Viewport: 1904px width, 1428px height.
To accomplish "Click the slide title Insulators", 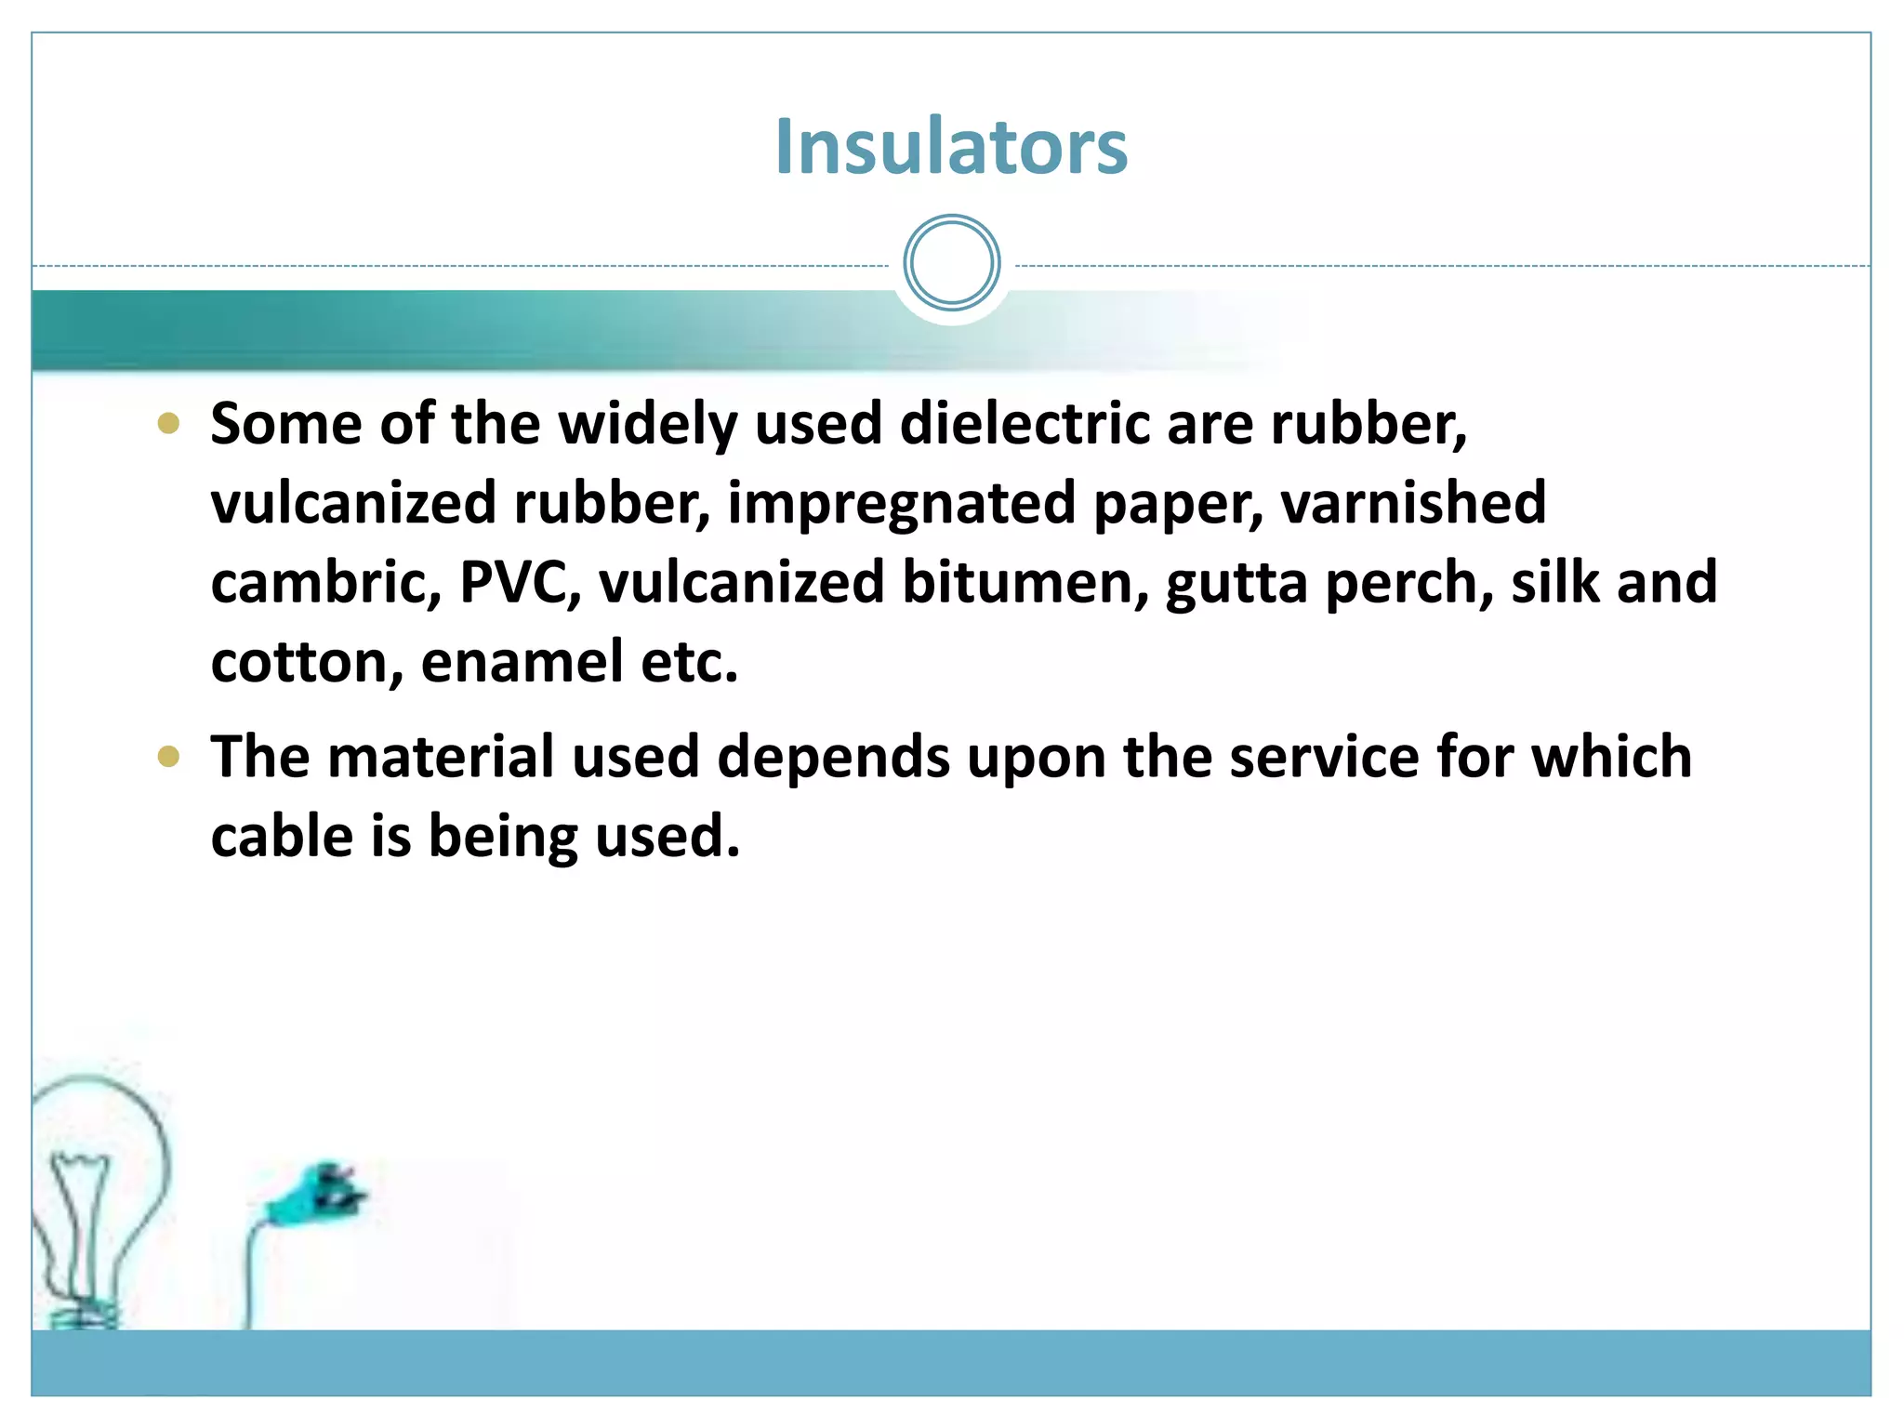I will click(x=951, y=147).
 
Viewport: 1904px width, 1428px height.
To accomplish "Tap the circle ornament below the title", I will click(x=951, y=263).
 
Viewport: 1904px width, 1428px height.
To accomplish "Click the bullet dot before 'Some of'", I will click(x=168, y=424).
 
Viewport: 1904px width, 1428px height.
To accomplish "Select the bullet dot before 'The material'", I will click(x=168, y=756).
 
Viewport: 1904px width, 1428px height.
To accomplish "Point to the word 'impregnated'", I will click(x=901, y=503).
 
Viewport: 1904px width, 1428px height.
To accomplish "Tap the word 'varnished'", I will click(x=1413, y=503).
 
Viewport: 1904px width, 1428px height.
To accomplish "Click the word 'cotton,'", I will click(x=307, y=662).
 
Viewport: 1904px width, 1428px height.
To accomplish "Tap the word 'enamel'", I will click(x=522, y=662).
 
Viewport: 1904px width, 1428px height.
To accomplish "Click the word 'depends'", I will click(x=833, y=756).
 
